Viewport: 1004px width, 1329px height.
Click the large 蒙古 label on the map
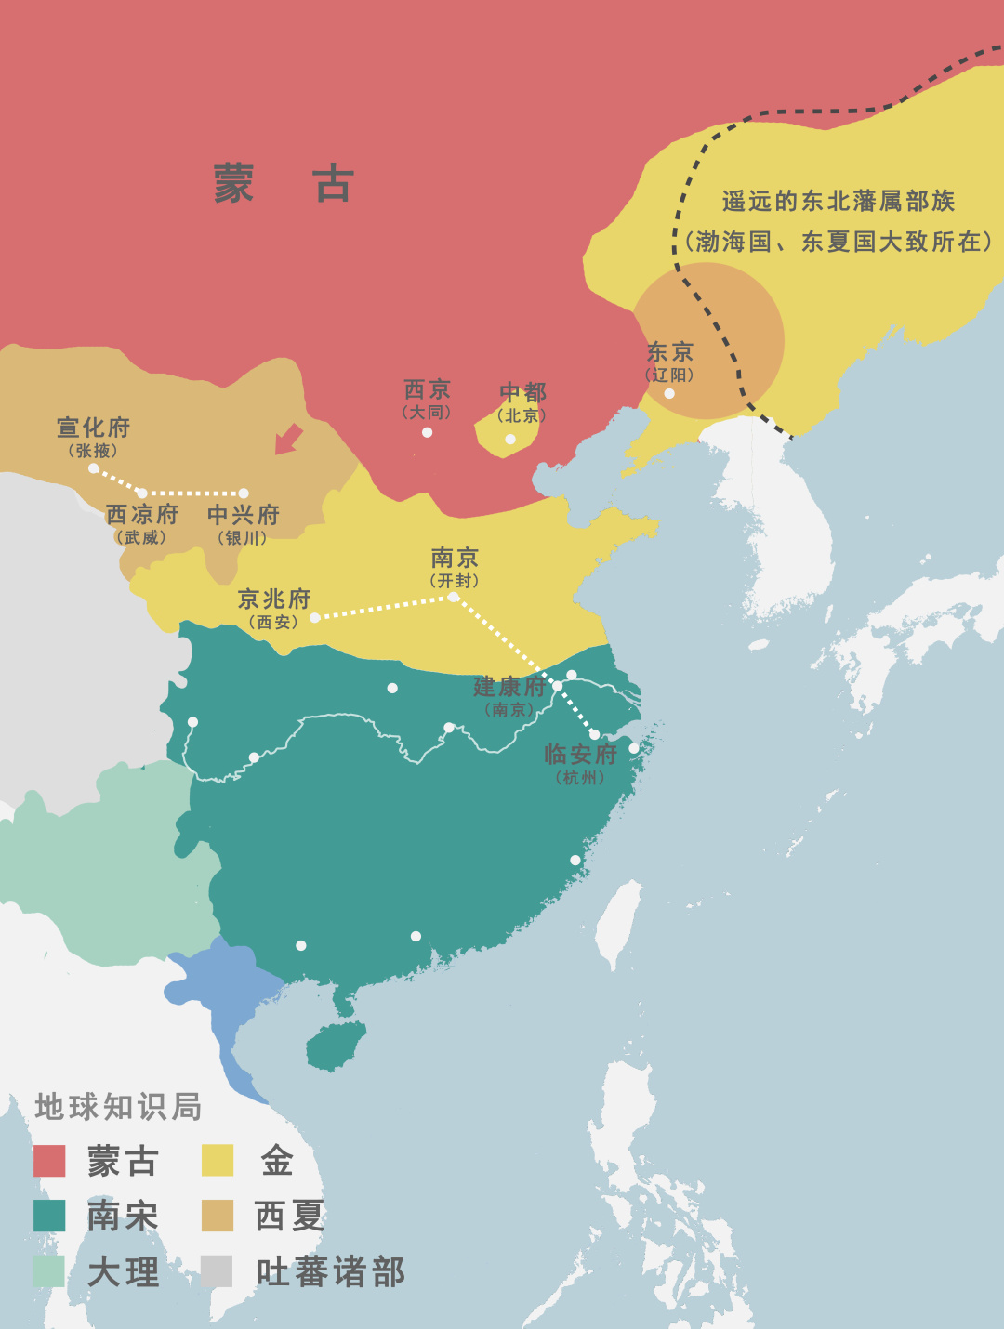tap(284, 184)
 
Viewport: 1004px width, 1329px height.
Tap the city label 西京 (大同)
tap(428, 398)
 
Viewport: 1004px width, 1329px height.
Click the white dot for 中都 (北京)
tap(509, 439)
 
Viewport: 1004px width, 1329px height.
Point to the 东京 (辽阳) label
tap(670, 361)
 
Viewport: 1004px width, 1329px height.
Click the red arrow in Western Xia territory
tap(289, 439)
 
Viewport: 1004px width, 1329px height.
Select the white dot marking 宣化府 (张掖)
tap(94, 468)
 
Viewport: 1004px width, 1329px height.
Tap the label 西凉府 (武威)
tap(141, 523)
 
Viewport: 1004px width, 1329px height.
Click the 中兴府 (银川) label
tap(243, 523)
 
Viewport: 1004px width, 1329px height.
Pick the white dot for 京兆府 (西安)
tap(315, 617)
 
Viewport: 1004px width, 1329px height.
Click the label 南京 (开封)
tap(455, 566)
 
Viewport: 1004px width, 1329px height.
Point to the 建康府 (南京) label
tap(509, 695)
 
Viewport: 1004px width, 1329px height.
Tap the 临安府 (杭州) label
tap(580, 762)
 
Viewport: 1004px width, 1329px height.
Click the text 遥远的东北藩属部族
tap(838, 202)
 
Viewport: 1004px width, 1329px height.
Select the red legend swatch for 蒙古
tap(49, 1161)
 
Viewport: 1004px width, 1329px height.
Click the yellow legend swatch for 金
tap(218, 1161)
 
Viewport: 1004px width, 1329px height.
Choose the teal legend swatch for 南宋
tap(49, 1216)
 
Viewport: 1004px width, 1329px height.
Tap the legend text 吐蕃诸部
tap(330, 1272)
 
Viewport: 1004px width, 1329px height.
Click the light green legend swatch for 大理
tap(49, 1271)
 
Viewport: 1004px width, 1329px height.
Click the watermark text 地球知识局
tap(118, 1107)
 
